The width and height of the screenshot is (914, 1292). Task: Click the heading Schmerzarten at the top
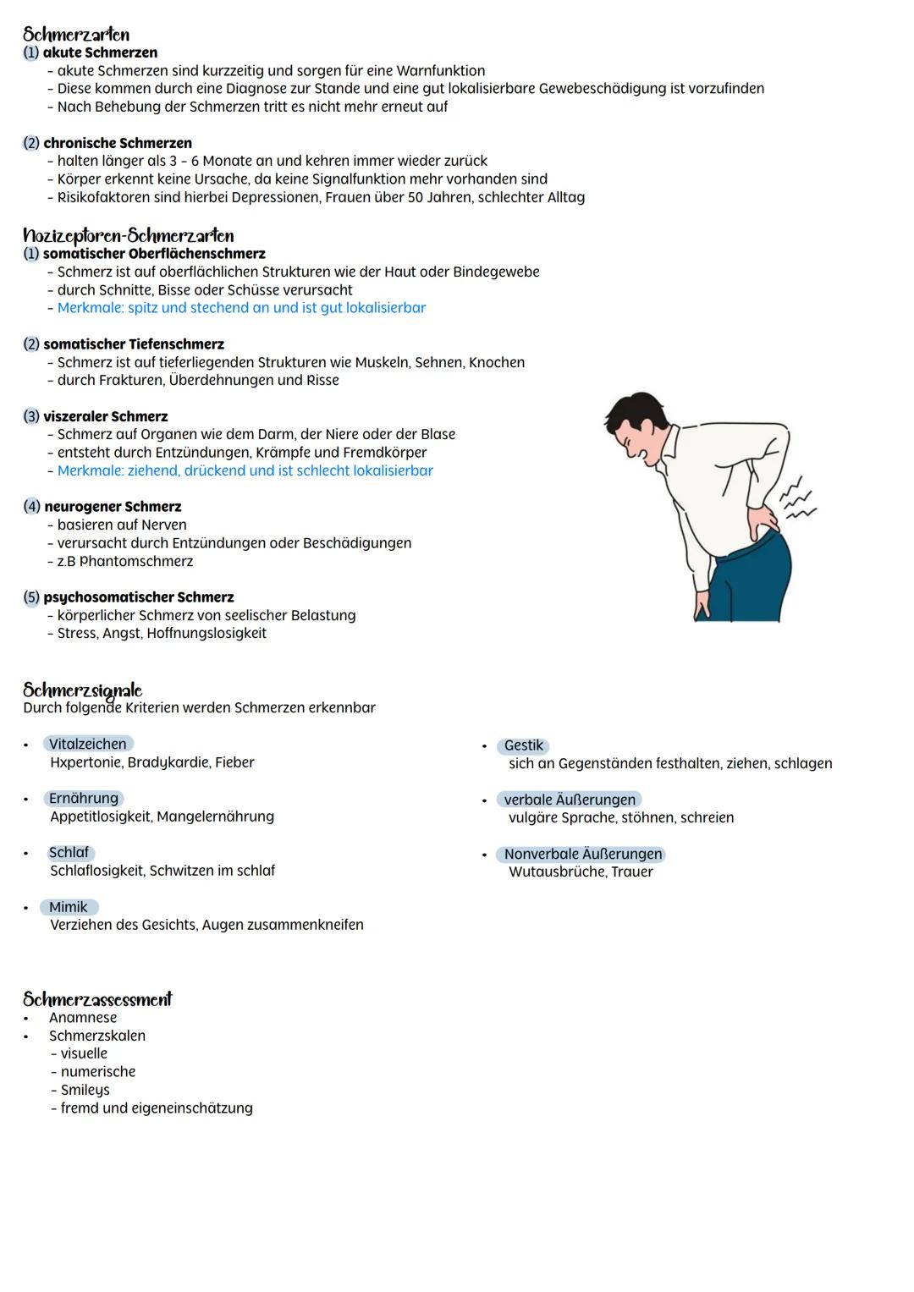coord(76,34)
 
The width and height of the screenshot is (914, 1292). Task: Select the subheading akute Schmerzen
coord(100,52)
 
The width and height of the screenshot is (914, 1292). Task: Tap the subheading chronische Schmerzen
coord(117,143)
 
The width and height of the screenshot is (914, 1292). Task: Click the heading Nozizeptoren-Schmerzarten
coord(128,235)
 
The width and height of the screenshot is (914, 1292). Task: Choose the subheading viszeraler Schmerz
coord(105,416)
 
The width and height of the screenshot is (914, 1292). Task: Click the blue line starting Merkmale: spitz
coord(241,308)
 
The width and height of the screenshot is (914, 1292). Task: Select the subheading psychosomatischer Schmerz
coord(138,597)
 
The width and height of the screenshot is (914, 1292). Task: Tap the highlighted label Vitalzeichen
coord(87,744)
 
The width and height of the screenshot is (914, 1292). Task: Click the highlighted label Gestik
coord(523,745)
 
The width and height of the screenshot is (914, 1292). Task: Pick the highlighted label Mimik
coord(69,907)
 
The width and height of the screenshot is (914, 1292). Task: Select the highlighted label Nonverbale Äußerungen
coord(582,854)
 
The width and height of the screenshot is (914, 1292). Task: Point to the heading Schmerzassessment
coord(97,999)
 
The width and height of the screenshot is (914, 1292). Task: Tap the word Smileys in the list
coord(85,1090)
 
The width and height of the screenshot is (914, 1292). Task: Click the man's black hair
coord(630,415)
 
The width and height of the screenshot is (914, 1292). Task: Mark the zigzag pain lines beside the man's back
coord(796,500)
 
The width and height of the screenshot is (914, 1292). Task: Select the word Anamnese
coord(83,1018)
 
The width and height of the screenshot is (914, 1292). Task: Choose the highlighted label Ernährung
coord(83,798)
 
